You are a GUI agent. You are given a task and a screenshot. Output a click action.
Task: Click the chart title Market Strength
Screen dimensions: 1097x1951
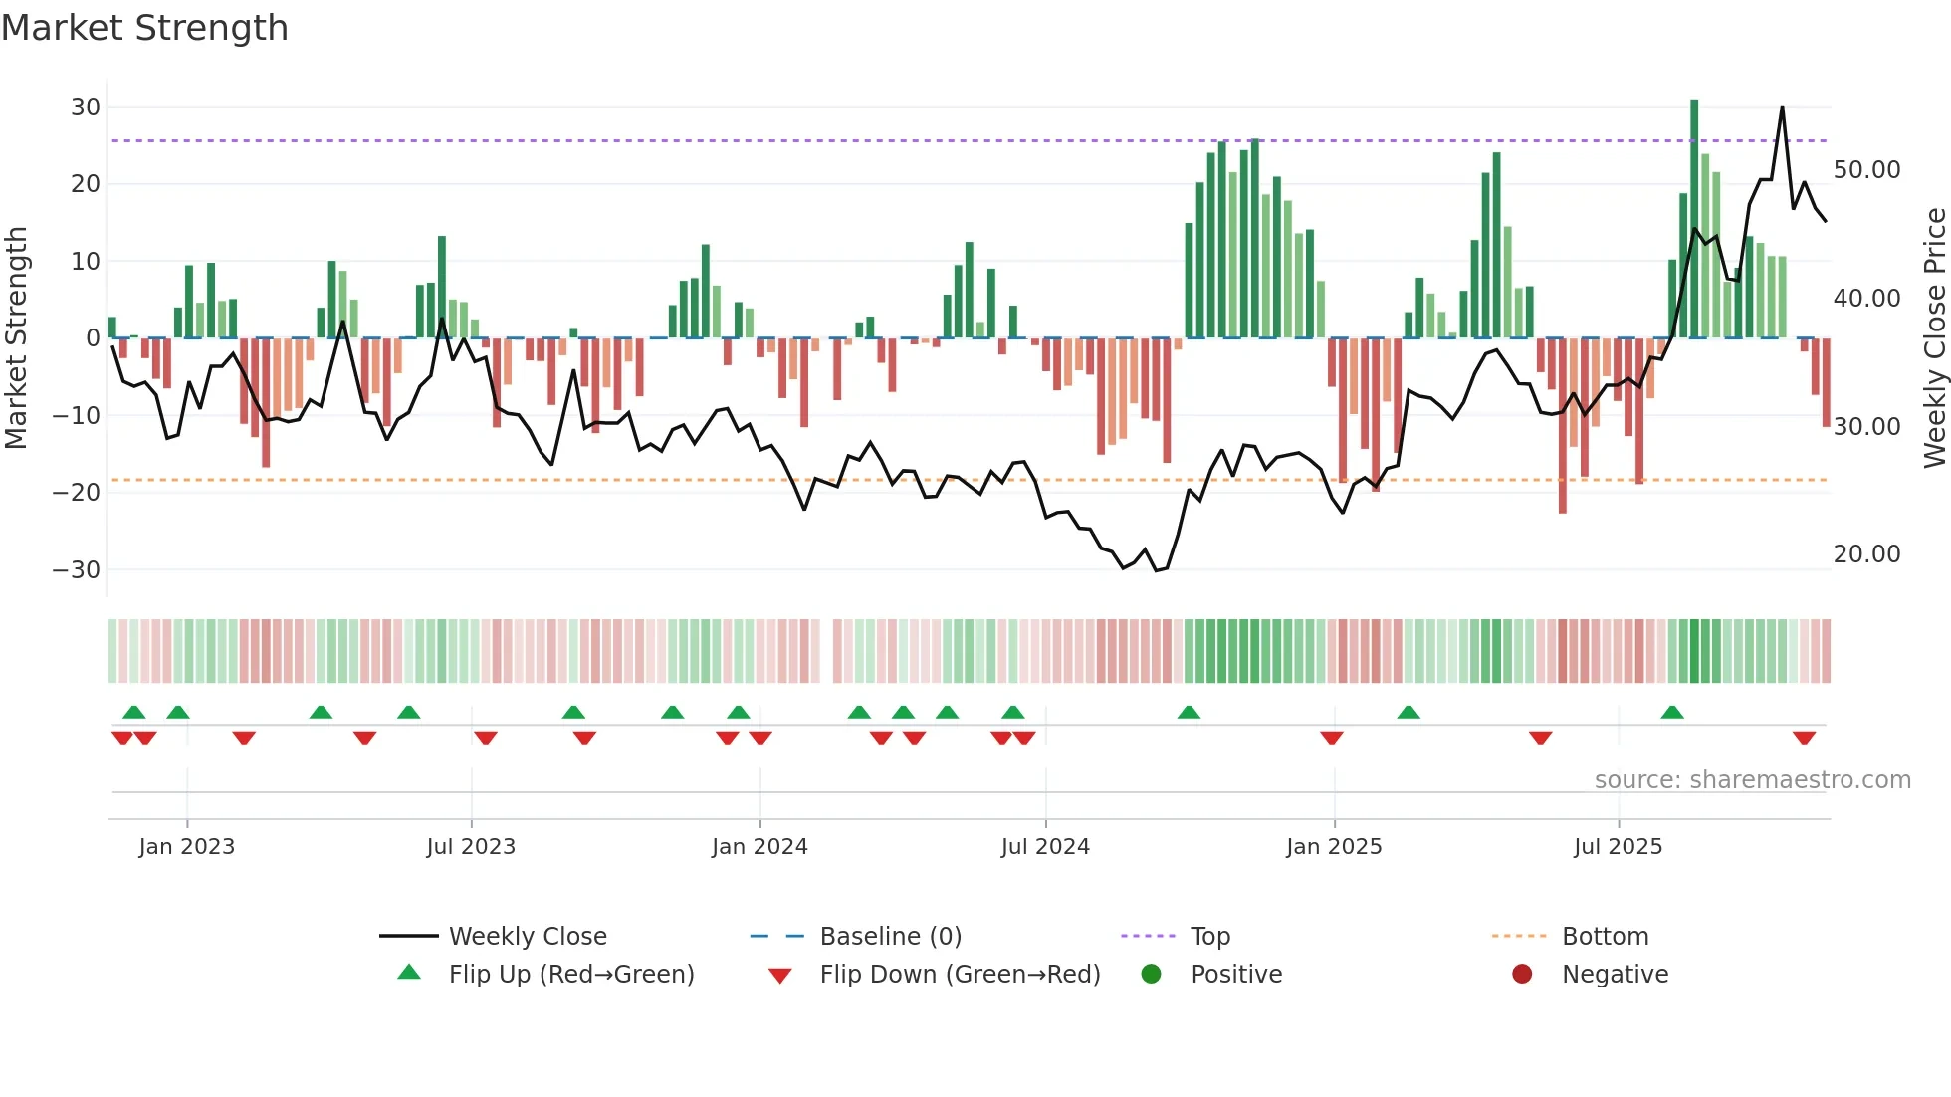(x=144, y=28)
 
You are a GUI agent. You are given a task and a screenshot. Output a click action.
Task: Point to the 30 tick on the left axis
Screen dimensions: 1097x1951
(x=86, y=107)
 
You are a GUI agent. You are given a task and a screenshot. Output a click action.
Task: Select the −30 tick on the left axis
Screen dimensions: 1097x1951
(x=77, y=569)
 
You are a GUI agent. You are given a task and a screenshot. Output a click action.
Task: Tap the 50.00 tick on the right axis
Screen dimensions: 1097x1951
(x=1866, y=170)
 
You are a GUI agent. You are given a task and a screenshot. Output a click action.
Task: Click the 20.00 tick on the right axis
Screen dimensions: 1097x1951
(x=1866, y=554)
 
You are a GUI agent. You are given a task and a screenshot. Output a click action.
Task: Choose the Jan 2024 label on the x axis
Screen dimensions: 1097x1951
(x=759, y=847)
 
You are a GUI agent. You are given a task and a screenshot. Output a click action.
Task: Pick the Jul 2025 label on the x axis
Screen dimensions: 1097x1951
(x=1618, y=847)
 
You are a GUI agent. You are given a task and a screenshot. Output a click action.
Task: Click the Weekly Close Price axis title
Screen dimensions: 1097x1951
(x=1934, y=338)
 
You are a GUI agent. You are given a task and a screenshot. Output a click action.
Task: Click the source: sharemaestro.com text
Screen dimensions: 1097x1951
(x=1752, y=780)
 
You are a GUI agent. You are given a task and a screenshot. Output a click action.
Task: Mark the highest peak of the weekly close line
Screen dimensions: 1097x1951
(x=1782, y=108)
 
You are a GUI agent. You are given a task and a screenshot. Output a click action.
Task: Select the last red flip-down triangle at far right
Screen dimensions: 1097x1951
(x=1804, y=738)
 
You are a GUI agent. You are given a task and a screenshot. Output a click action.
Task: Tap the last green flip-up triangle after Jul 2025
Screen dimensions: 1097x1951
(x=1672, y=712)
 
